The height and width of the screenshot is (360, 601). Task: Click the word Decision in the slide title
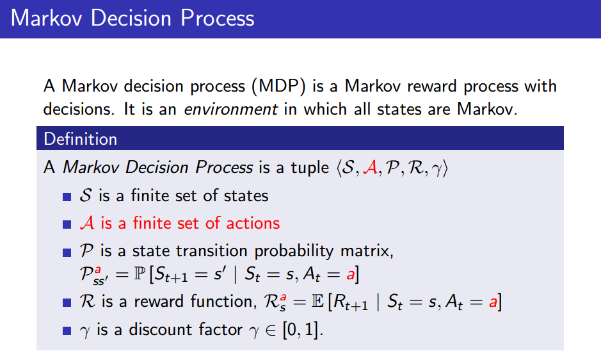coord(131,18)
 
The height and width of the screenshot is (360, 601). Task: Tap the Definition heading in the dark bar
coord(80,139)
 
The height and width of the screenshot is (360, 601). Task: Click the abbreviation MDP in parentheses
coord(278,86)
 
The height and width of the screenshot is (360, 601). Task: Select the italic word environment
coord(231,110)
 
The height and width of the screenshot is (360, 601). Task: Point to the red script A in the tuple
coord(370,168)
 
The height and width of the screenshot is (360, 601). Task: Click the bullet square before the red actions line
coord(67,224)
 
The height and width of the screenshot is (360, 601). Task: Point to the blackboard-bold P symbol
coord(140,274)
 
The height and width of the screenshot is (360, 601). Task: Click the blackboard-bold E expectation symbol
coord(317,302)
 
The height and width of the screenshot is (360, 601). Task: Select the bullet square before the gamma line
coord(67,331)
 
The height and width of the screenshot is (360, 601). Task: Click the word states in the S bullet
coord(246,196)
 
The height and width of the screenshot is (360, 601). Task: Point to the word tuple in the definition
coord(310,168)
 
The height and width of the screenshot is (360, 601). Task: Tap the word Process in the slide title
coord(218,18)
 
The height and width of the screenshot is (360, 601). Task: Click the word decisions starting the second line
coord(79,110)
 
